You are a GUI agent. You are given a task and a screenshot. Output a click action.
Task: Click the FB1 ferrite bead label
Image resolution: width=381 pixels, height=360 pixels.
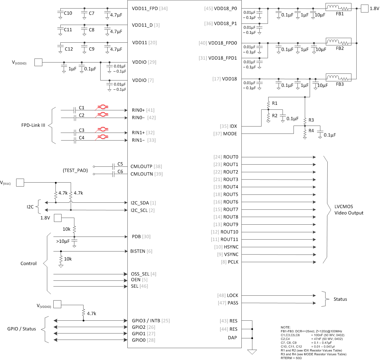click(340, 14)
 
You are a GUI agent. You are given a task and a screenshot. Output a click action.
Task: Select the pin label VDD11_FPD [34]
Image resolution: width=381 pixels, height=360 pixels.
click(150, 9)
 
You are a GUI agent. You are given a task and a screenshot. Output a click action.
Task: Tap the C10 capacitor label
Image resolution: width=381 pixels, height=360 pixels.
click(68, 13)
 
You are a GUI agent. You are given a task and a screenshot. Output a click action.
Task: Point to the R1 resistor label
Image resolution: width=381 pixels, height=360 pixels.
click(275, 103)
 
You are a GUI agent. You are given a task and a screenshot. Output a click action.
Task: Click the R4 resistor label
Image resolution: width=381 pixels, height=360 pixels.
click(311, 130)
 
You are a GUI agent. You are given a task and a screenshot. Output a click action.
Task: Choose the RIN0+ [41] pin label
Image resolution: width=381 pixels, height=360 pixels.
click(143, 110)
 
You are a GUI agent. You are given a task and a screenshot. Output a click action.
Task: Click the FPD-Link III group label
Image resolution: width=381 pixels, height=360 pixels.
click(33, 125)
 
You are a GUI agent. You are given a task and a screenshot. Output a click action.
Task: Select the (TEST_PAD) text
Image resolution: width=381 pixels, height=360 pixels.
click(75, 170)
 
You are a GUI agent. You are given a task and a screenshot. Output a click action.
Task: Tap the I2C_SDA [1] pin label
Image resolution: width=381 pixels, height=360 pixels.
click(143, 203)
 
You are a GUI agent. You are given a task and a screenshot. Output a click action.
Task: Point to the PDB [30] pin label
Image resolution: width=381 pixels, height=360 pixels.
click(141, 237)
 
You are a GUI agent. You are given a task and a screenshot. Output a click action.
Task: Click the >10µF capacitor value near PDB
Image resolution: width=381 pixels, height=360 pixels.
click(63, 241)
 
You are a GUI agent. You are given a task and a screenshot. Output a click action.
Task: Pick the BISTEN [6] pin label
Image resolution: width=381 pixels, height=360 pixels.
click(141, 251)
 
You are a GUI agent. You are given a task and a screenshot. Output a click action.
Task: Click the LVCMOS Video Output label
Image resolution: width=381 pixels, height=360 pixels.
click(349, 210)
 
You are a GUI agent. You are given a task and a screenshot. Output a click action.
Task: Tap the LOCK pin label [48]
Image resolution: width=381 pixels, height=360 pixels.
click(228, 295)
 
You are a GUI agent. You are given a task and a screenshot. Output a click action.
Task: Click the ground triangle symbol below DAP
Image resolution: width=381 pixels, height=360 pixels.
click(252, 352)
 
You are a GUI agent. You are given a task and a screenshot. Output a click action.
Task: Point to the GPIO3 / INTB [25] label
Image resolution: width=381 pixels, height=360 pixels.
click(151, 321)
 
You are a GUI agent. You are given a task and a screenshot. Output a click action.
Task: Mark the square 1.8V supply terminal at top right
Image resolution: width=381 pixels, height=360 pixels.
click(365, 9)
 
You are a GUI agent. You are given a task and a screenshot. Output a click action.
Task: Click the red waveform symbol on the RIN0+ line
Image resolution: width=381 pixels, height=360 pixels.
click(103, 107)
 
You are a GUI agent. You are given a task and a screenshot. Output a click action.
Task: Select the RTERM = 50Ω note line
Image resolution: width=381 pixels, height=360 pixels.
click(291, 358)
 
